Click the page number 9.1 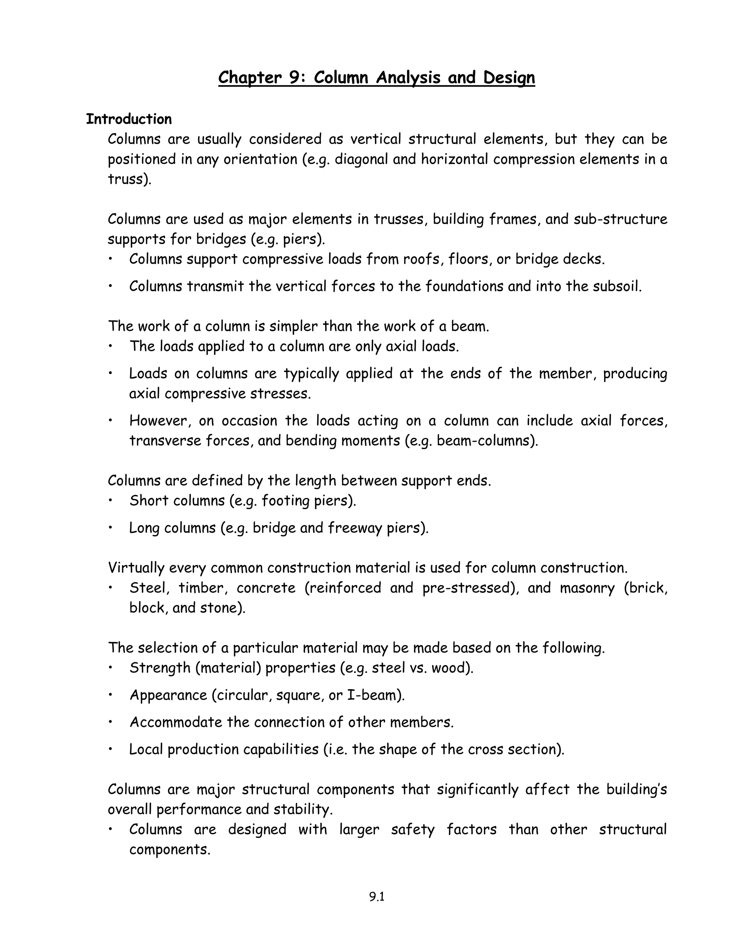click(x=377, y=897)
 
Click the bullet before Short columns click(x=111, y=500)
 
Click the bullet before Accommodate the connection click(x=111, y=722)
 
